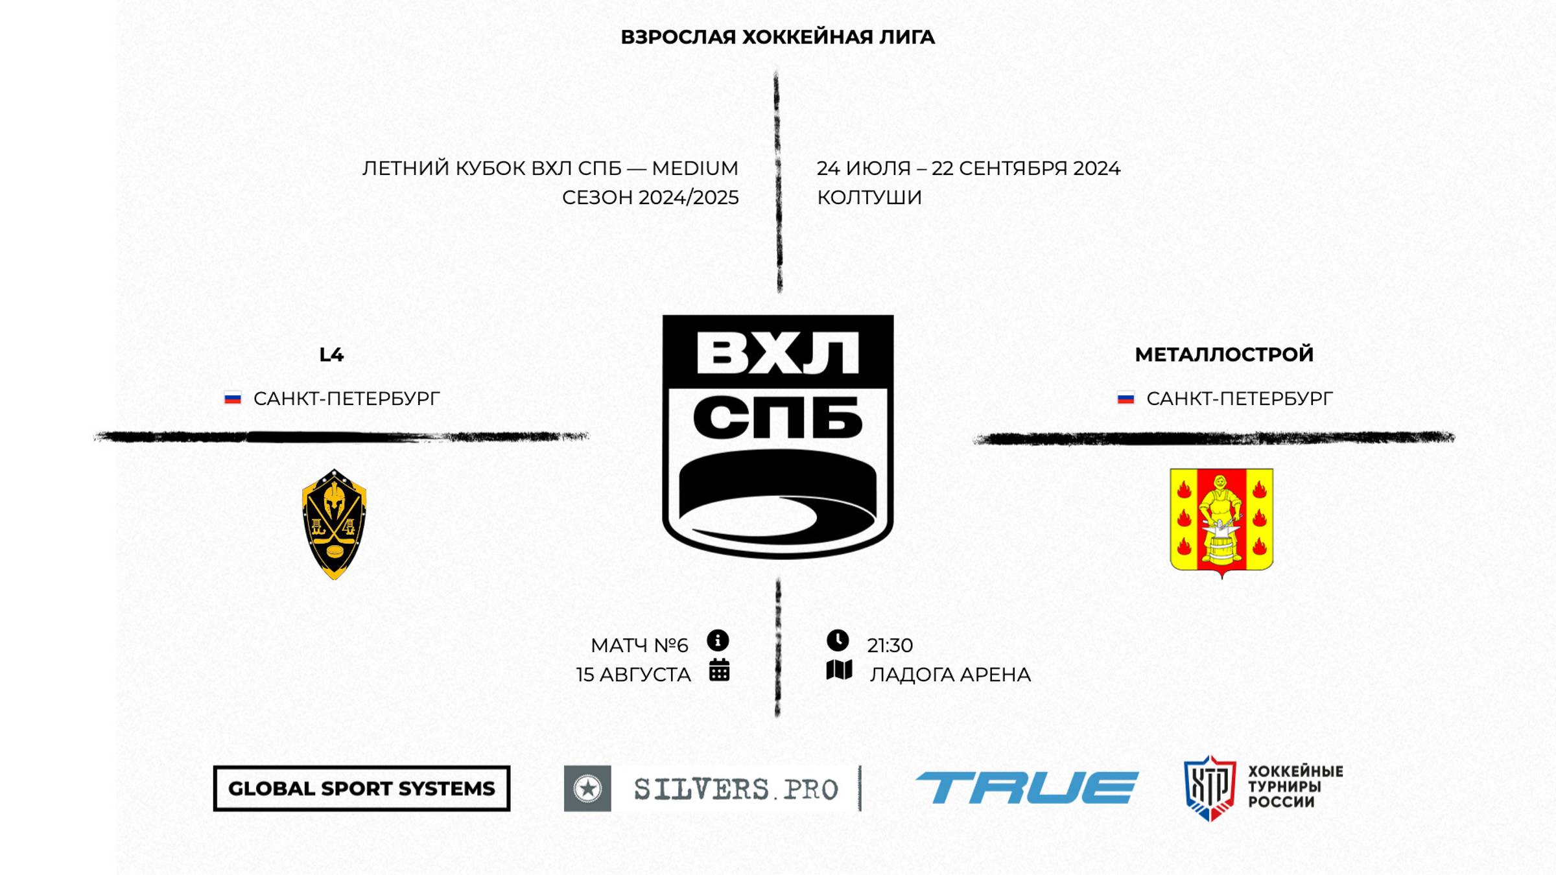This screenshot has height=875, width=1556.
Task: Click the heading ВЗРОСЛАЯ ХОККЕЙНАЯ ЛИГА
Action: pos(777,38)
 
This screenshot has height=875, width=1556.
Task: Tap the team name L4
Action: pos(331,355)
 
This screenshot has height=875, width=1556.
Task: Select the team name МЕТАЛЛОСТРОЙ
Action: pos(1223,355)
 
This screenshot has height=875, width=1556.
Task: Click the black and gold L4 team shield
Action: pos(335,524)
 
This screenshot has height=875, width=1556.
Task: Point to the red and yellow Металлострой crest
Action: pos(1221,520)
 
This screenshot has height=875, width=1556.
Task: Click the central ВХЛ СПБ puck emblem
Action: pos(777,436)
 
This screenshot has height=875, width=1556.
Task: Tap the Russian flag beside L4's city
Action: pos(233,398)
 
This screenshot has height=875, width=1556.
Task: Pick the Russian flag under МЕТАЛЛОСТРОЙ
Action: pos(1126,398)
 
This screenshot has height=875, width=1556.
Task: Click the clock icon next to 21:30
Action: pos(838,640)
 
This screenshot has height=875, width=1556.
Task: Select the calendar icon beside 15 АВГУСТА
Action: pos(719,670)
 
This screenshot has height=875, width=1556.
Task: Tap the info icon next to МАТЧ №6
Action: pos(718,640)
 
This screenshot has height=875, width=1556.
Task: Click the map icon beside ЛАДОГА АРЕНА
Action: pos(839,670)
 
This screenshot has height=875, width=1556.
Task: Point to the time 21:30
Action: pos(890,646)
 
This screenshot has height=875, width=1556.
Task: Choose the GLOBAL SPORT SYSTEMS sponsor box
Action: pos(361,788)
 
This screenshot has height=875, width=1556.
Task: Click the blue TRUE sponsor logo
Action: pos(1026,787)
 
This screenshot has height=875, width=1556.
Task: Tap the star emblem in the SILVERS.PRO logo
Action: pos(587,788)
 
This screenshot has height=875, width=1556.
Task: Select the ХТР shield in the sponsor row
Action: pos(1209,787)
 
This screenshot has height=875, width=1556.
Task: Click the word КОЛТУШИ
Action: pos(869,197)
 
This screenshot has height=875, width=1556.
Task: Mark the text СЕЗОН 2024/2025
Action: pos(650,197)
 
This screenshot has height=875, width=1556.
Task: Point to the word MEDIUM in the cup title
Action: pos(694,169)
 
